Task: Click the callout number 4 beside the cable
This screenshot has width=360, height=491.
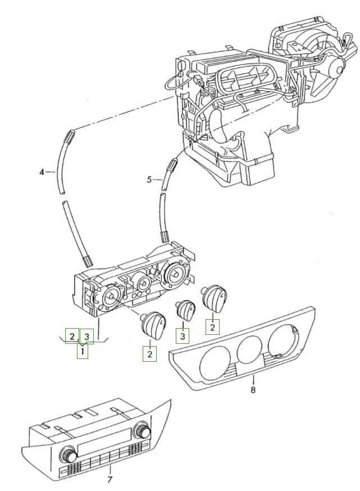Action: click(42, 172)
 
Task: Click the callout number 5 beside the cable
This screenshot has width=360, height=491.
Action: click(149, 179)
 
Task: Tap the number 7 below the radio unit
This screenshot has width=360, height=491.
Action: click(110, 479)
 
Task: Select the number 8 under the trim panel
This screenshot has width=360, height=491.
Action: click(253, 389)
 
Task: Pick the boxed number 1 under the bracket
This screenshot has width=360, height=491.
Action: click(83, 351)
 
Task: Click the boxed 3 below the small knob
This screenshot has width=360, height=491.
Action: click(183, 337)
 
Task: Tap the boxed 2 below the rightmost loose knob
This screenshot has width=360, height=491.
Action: click(212, 327)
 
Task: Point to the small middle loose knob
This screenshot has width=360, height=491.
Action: click(185, 310)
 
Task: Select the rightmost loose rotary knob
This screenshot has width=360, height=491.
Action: click(214, 299)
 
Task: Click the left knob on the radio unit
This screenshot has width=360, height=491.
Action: click(69, 454)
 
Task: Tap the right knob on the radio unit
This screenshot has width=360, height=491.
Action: click(142, 430)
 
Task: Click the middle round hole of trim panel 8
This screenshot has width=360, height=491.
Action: click(249, 350)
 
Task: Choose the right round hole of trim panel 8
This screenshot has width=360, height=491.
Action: click(283, 340)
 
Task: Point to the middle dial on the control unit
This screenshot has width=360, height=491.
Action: click(143, 283)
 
